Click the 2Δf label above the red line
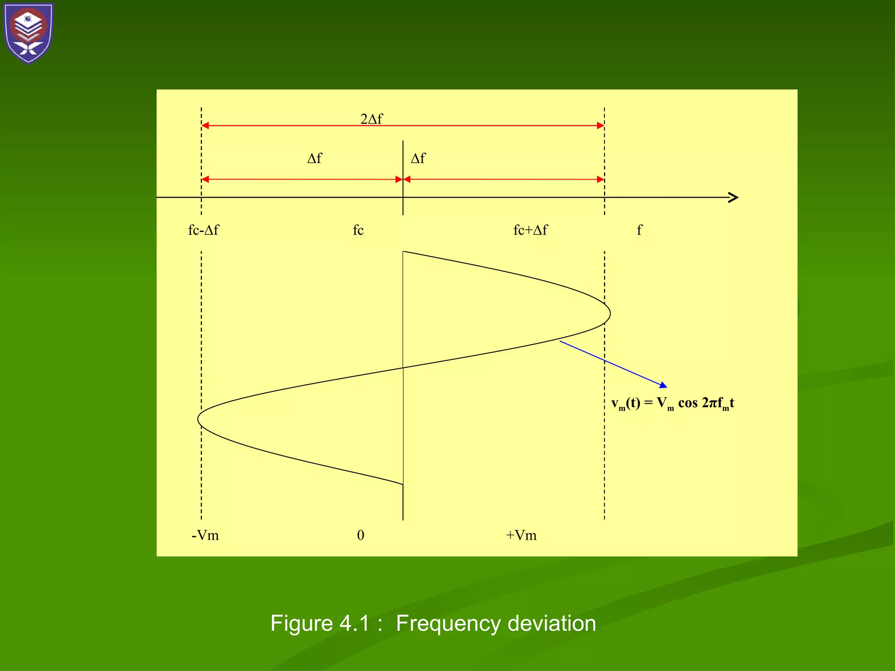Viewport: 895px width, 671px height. tap(371, 119)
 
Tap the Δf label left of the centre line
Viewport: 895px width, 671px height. tap(315, 158)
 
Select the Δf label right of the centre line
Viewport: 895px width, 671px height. tap(418, 158)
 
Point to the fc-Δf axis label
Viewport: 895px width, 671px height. tap(204, 230)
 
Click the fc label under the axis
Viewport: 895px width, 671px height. tap(358, 230)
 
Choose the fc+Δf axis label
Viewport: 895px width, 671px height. tap(530, 230)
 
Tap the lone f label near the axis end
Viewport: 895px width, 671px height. tap(639, 230)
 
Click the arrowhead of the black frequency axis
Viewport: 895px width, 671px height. tap(734, 197)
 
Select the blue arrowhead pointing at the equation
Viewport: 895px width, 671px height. tap(663, 385)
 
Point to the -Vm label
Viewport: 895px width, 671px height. tap(205, 535)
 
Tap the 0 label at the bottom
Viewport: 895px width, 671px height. tap(361, 535)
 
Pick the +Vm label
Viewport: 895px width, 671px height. tap(521, 535)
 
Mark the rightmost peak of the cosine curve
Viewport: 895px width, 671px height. tap(610, 313)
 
